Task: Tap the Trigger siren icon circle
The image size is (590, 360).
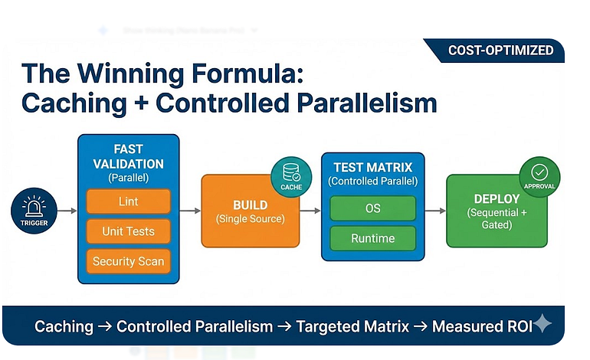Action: click(x=34, y=210)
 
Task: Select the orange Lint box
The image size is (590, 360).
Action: click(x=128, y=201)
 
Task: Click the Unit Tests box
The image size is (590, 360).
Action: click(x=128, y=231)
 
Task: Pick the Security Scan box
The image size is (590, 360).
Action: click(x=128, y=261)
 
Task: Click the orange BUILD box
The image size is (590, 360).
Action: click(x=250, y=211)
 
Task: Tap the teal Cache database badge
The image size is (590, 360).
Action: click(x=291, y=175)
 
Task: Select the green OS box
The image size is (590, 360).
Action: click(x=372, y=208)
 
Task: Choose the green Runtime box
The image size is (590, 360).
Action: click(x=372, y=238)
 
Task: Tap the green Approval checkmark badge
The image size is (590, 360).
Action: click(x=539, y=175)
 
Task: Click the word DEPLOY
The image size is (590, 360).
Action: click(x=497, y=199)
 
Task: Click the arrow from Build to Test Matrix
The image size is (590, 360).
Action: click(x=310, y=210)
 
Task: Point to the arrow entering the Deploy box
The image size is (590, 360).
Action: click(x=434, y=210)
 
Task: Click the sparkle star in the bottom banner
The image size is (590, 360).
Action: click(x=542, y=324)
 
